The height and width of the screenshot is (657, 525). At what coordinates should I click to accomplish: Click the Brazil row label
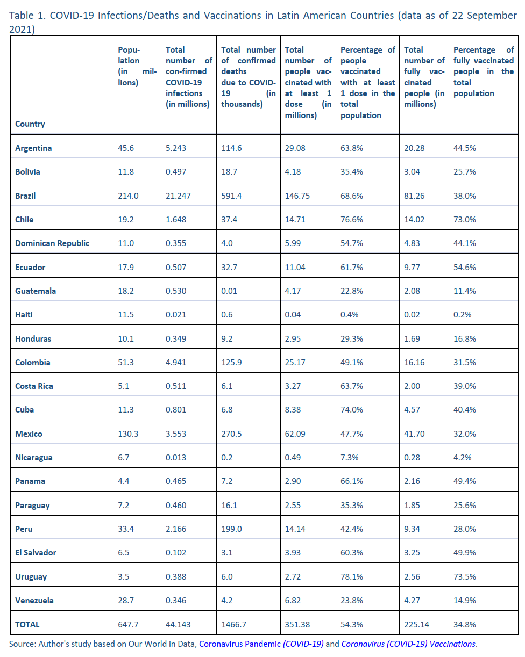[25, 196]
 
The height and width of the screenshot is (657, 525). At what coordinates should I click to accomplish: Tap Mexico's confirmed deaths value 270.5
[231, 434]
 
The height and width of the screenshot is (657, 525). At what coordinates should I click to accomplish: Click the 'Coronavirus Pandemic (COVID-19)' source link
[261, 644]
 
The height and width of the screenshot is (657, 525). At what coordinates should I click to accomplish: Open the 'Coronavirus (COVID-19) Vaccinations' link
[408, 644]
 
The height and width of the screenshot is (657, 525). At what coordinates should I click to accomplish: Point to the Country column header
[30, 124]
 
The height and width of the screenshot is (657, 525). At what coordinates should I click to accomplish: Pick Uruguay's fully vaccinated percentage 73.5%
[464, 576]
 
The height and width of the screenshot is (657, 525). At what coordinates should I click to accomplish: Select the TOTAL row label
[27, 624]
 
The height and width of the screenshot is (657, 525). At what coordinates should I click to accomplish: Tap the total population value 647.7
[128, 624]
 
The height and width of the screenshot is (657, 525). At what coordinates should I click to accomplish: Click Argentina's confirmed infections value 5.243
[176, 148]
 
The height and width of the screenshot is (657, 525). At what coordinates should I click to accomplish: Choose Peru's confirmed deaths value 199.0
[231, 529]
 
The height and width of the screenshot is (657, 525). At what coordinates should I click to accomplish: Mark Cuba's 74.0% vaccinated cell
[351, 409]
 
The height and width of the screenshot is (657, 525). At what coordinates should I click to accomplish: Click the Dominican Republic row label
[52, 243]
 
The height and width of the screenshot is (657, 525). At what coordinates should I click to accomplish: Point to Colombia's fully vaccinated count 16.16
[414, 362]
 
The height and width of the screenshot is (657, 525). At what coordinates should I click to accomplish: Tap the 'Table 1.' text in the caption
[27, 15]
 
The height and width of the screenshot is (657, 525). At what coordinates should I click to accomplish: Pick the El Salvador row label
[36, 552]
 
